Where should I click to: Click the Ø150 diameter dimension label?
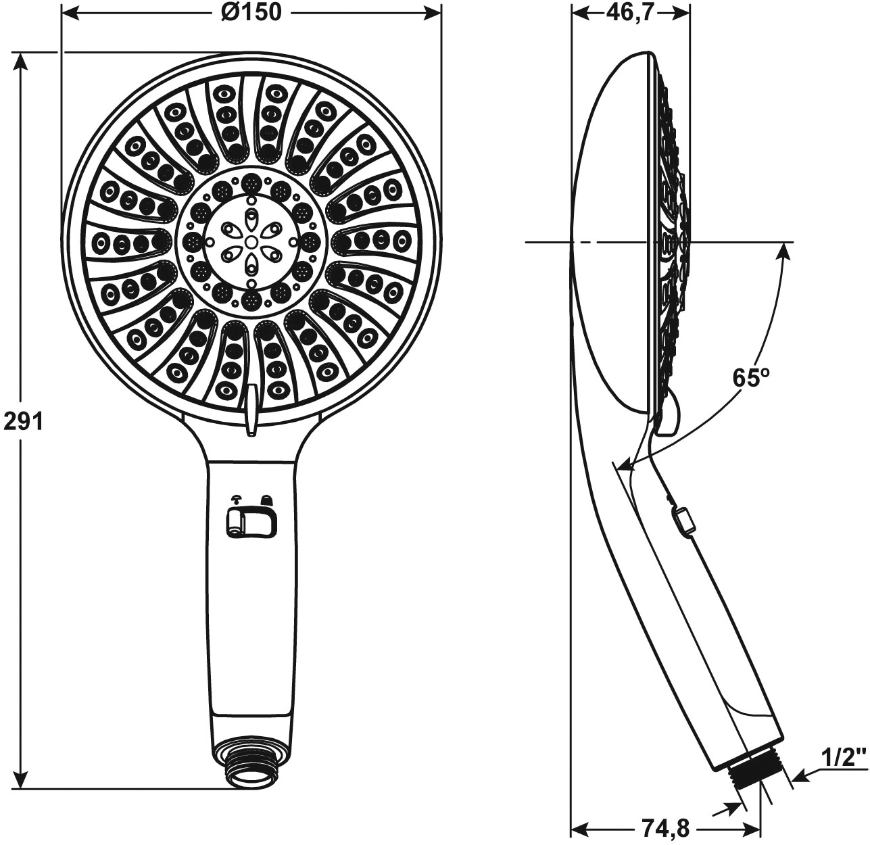(251, 12)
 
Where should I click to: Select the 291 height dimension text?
(23, 421)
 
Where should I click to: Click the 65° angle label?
(752, 378)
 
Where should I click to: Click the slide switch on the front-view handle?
(250, 522)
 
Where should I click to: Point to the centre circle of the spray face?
(251, 241)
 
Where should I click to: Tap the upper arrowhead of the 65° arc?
(783, 250)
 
